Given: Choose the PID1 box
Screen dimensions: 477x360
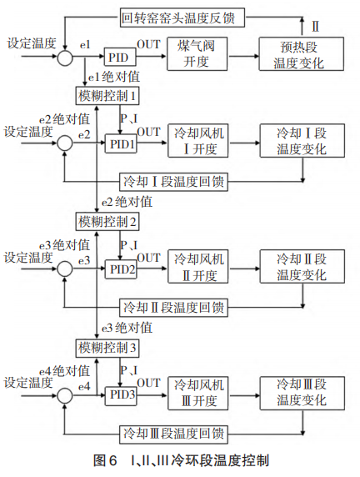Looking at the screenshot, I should [x=120, y=144].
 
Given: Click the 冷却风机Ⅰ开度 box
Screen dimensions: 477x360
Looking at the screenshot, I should [x=199, y=143].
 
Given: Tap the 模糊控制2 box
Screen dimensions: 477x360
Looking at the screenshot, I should [x=107, y=220].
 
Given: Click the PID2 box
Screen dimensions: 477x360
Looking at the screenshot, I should [x=120, y=269].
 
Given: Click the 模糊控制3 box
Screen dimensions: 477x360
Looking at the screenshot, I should [x=107, y=346].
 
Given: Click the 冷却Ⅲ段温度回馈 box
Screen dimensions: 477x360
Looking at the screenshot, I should [x=174, y=433].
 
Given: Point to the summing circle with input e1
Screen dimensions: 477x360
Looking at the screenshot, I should [x=63, y=57].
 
